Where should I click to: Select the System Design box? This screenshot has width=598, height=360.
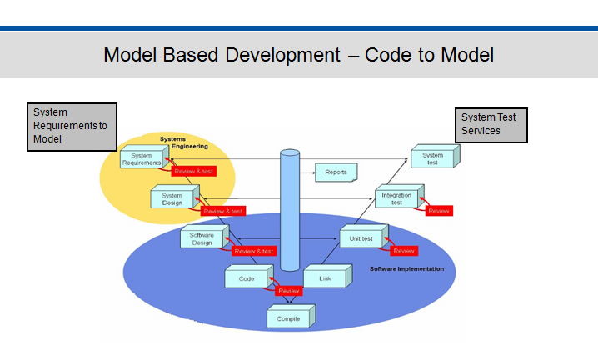point(172,198)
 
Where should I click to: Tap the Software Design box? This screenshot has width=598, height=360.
point(202,237)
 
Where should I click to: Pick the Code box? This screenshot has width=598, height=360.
point(247,278)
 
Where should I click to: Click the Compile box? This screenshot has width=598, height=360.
point(289,317)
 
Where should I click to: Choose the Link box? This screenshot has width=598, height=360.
point(325,277)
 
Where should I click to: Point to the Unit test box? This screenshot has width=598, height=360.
point(361,238)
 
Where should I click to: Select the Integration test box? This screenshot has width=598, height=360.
point(396,197)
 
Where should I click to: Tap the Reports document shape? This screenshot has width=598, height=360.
point(336,172)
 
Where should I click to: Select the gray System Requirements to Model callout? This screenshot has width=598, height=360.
point(71,126)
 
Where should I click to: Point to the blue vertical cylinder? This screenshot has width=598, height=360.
point(289,208)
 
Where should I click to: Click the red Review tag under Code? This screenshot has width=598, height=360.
point(288,291)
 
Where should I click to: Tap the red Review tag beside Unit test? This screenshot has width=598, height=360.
point(403,251)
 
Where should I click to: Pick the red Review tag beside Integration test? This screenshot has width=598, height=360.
point(438,211)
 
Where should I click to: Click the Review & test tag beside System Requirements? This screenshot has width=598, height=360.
point(193,171)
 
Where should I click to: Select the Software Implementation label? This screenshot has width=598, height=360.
point(406,268)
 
